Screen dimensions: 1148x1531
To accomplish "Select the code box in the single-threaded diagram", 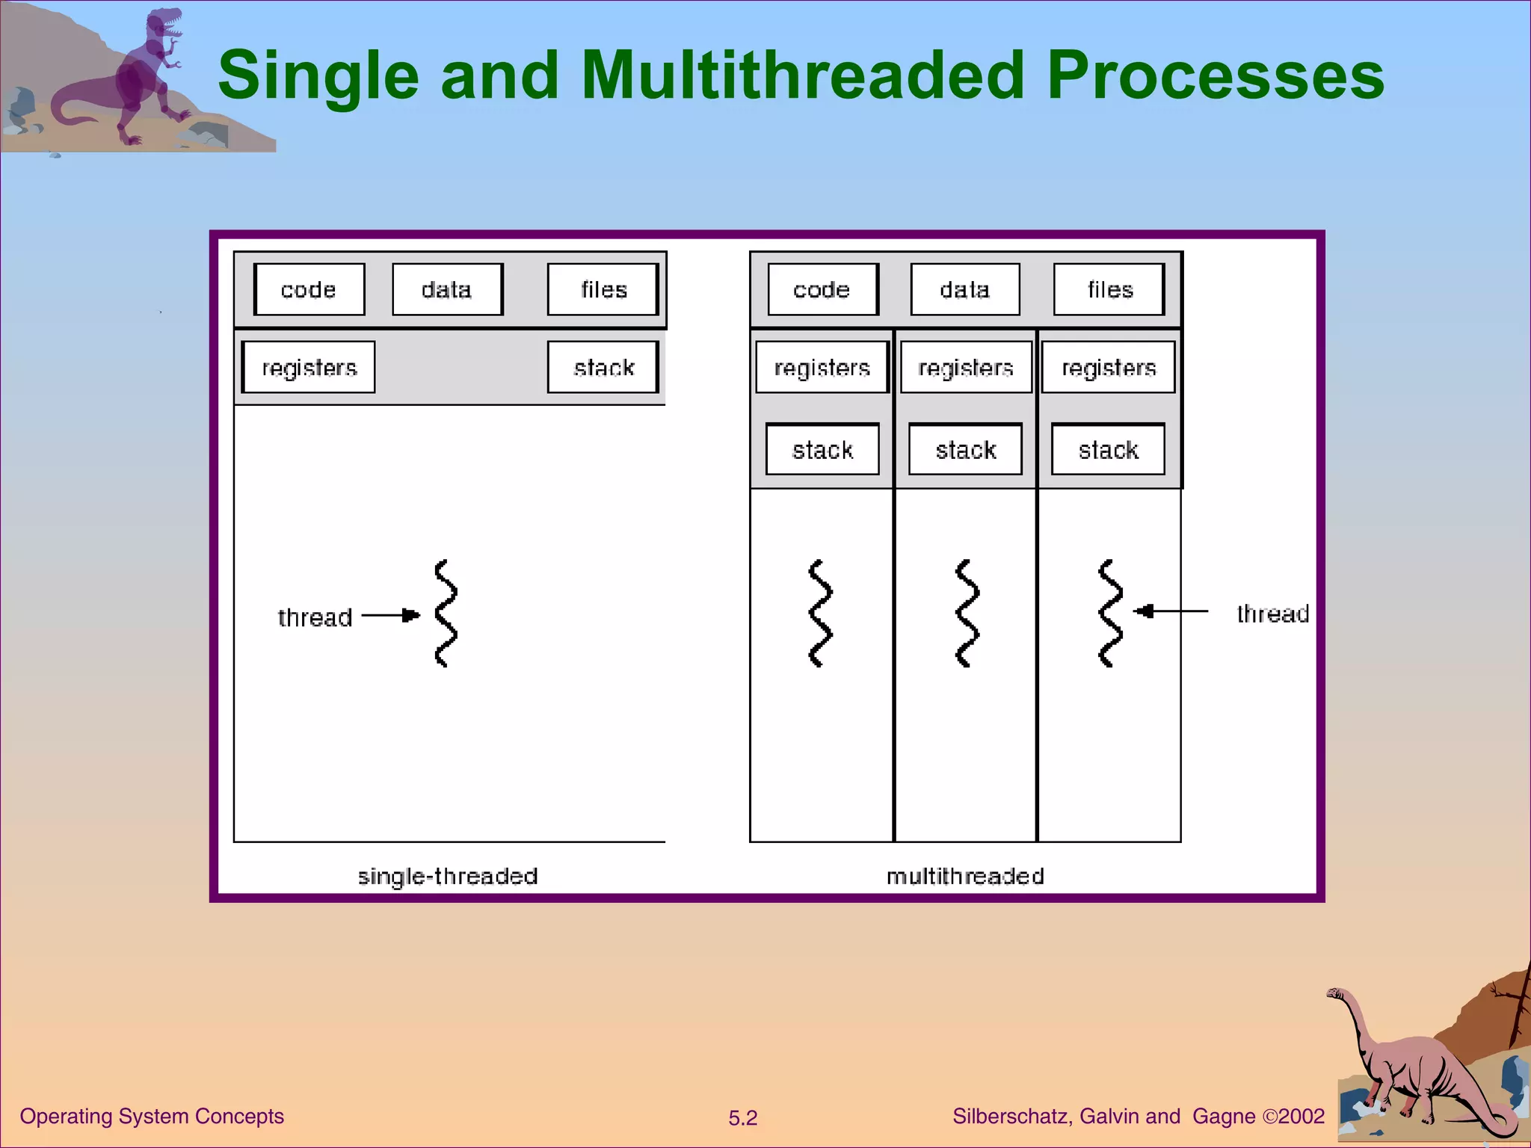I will point(309,289).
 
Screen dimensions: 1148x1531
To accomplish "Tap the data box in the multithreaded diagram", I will point(965,289).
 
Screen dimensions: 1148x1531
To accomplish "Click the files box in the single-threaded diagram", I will point(603,289).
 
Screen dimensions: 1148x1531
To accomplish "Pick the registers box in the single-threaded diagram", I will point(309,367).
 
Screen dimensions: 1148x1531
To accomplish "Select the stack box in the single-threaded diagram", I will point(603,367).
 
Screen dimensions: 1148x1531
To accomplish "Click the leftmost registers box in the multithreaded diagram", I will point(822,367).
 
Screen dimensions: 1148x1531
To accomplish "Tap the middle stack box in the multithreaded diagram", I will point(965,449).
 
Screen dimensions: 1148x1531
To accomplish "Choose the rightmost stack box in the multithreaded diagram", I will point(1108,449).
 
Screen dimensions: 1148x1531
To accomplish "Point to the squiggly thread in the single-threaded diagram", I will point(446,613).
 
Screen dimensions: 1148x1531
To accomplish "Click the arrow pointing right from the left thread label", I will point(391,615).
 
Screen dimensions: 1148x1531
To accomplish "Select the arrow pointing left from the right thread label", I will point(1170,611).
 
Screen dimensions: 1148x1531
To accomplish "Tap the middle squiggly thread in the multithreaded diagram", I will point(967,613).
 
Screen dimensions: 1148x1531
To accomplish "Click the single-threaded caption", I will point(447,876).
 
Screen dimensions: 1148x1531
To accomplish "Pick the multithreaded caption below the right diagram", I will point(965,876).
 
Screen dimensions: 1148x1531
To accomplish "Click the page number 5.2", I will point(742,1118).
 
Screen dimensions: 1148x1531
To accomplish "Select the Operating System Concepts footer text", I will point(152,1116).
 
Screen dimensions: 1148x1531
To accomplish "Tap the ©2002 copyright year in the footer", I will point(1293,1116).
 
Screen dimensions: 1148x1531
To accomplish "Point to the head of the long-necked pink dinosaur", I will point(1335,994).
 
